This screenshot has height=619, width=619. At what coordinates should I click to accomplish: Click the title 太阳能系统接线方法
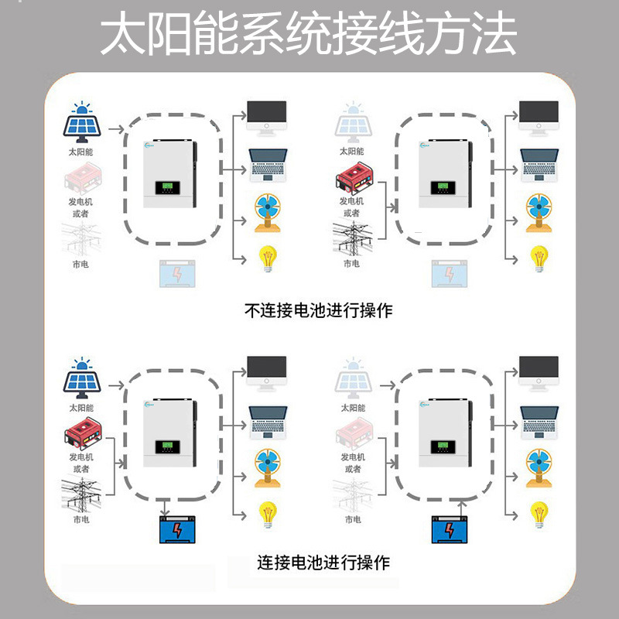[309, 35]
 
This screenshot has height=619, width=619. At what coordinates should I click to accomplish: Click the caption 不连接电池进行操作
[319, 311]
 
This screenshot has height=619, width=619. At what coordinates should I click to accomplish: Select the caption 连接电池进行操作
[323, 563]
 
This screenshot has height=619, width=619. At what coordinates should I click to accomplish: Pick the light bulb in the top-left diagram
[267, 258]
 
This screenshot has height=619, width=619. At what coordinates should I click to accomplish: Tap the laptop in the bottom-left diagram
[267, 422]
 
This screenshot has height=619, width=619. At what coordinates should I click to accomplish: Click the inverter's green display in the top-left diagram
[167, 189]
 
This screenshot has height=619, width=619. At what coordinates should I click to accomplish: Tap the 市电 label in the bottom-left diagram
[80, 520]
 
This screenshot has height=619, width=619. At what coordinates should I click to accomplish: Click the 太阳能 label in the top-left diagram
[80, 152]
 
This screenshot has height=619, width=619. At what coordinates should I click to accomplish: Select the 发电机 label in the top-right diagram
[352, 201]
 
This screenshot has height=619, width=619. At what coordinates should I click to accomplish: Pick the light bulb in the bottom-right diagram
[539, 513]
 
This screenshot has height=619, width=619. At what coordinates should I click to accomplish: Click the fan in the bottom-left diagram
[267, 467]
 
